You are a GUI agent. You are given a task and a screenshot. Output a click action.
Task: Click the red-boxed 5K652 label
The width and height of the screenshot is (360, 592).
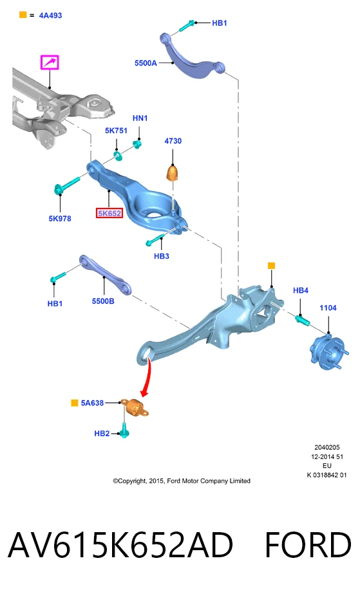109,214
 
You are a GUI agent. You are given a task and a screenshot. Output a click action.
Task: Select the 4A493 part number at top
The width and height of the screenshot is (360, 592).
50,15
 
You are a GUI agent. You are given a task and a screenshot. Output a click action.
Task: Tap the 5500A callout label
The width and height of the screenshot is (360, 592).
146,63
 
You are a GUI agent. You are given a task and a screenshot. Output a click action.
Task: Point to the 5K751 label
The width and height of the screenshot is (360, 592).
116,131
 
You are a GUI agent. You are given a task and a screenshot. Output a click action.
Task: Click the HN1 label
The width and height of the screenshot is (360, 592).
140,118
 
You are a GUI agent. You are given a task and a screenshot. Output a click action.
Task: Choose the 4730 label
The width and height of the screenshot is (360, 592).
173,141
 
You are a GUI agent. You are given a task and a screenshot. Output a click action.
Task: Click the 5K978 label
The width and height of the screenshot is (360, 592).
60,218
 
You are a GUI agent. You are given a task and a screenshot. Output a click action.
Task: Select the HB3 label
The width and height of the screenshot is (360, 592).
161,256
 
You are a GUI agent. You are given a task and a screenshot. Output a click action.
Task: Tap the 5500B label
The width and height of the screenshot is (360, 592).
103,301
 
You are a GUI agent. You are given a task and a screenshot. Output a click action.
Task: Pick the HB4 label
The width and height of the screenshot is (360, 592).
301,290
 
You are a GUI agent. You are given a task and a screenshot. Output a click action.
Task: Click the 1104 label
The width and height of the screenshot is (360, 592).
328,308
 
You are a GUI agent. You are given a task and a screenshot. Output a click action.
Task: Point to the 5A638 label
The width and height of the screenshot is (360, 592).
92,403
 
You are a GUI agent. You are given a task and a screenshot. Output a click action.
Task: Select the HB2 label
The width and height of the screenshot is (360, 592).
102,434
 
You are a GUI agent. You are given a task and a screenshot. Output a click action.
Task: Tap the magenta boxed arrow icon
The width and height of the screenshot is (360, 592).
50,62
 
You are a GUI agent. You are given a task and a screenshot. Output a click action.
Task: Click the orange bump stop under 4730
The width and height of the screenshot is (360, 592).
173,173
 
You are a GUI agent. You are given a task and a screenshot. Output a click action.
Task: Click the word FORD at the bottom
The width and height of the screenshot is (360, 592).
308,545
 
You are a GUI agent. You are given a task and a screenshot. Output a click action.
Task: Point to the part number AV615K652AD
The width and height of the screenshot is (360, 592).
120,545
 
